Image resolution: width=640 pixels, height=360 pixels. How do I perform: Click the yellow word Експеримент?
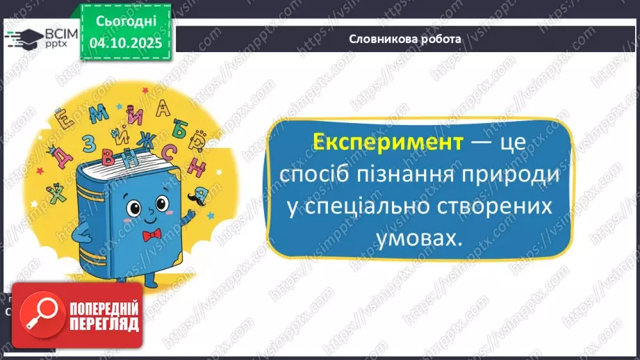(x=388, y=143)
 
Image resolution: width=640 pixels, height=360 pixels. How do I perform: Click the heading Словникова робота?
(x=404, y=39)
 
